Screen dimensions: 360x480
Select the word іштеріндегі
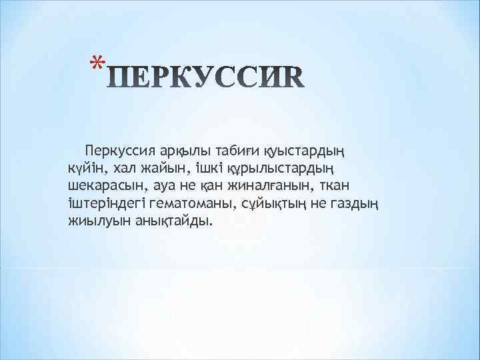click(105, 203)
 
